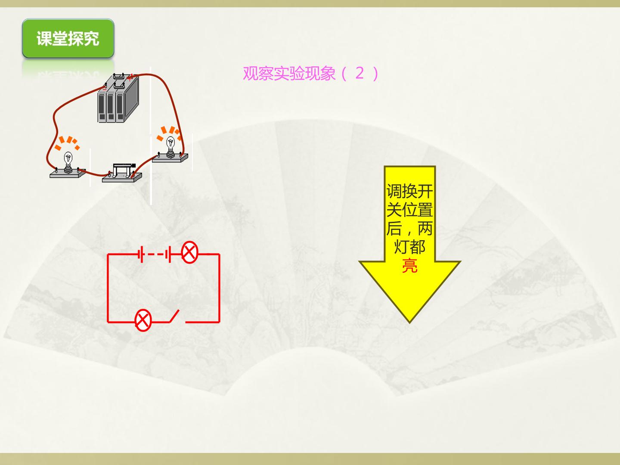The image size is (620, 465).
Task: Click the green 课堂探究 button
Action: point(68,38)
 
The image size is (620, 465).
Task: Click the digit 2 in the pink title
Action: point(360,73)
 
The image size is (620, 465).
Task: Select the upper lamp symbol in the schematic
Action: point(189,252)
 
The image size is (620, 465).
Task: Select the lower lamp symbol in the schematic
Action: point(143,320)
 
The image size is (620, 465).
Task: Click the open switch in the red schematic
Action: point(174,316)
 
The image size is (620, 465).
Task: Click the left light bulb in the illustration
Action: point(68,162)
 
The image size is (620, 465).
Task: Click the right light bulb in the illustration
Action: point(170,147)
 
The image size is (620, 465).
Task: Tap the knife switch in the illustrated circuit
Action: point(122,173)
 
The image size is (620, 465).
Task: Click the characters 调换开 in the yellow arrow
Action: point(409,192)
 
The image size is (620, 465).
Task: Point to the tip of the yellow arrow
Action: point(409,322)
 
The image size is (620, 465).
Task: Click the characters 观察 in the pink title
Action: point(258,73)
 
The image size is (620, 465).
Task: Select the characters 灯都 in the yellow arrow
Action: point(409,247)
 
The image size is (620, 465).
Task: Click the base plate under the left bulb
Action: point(68,174)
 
